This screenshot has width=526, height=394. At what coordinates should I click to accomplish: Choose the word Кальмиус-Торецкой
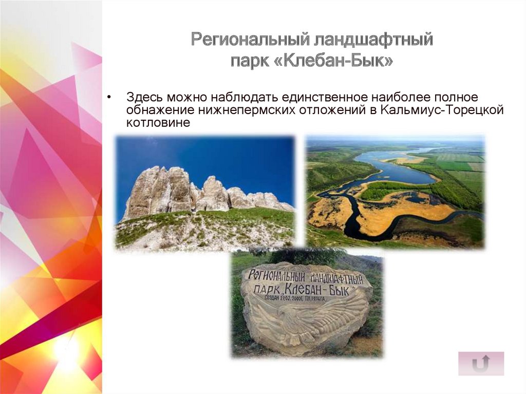(441, 109)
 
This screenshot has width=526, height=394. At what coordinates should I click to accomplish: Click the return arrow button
(481, 364)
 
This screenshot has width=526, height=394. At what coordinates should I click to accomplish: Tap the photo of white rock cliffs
(205, 192)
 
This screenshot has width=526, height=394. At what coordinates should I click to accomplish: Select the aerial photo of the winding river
(395, 192)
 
